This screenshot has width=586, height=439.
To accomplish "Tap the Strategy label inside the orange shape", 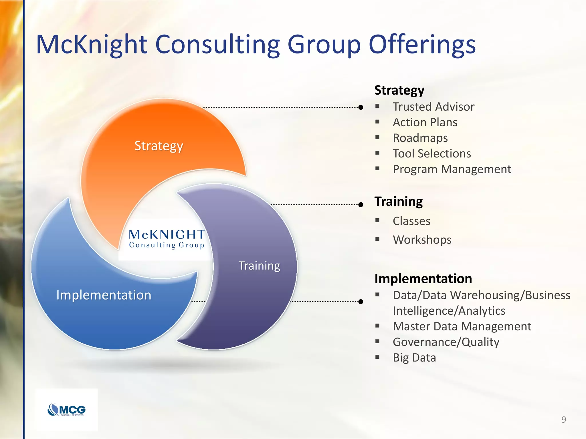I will pyautogui.click(x=159, y=146).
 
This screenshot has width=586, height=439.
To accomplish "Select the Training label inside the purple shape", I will pyautogui.click(x=259, y=266).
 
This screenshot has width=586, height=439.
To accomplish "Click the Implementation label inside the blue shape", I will pyautogui.click(x=104, y=295).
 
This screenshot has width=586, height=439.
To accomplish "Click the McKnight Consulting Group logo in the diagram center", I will pyautogui.click(x=167, y=239).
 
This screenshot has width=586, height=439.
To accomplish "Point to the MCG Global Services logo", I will pyautogui.click(x=66, y=410).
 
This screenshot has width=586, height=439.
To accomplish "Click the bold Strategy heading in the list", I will pyautogui.click(x=399, y=90).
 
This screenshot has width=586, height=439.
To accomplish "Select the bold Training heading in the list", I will pyautogui.click(x=398, y=201).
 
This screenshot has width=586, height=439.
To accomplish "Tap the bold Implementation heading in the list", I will pyautogui.click(x=423, y=278).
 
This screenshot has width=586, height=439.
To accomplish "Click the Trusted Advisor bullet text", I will pyautogui.click(x=433, y=107).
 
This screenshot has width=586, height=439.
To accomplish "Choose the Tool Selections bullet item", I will pyautogui.click(x=431, y=153).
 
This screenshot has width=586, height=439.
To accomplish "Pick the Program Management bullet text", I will pyautogui.click(x=452, y=169).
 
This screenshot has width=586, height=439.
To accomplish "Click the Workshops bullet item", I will pyautogui.click(x=422, y=240).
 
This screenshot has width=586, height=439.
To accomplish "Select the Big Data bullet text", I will pyautogui.click(x=414, y=358).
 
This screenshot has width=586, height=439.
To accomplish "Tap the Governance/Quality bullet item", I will pyautogui.click(x=446, y=342).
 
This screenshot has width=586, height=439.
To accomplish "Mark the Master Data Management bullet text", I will pyautogui.click(x=462, y=326).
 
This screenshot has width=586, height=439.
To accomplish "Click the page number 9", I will pyautogui.click(x=563, y=420).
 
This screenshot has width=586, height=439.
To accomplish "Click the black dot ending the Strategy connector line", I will pyautogui.click(x=361, y=107).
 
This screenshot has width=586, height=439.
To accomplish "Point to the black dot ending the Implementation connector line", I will pyautogui.click(x=361, y=302).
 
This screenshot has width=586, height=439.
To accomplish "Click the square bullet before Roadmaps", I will pyautogui.click(x=377, y=137).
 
